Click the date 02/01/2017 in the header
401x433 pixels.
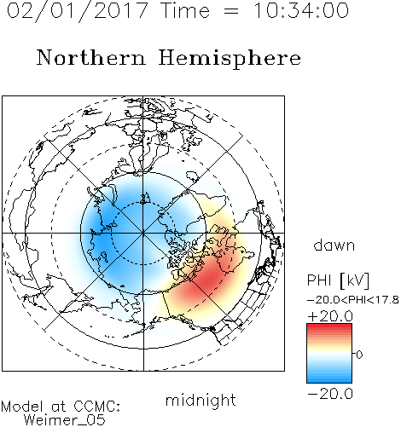[77, 11]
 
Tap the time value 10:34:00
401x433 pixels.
[301, 10]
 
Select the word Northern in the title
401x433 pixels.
[91, 57]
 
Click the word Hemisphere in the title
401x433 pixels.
[230, 59]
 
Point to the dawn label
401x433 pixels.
[334, 245]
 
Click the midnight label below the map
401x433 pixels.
[200, 401]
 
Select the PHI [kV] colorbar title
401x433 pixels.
[338, 280]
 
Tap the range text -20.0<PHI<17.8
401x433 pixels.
[353, 300]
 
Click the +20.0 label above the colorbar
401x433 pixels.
[330, 316]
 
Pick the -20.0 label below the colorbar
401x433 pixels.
[330, 394]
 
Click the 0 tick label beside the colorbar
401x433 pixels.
[359, 355]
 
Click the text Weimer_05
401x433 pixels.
[65, 419]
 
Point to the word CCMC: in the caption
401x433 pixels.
[97, 407]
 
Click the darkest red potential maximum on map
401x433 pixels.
[209, 280]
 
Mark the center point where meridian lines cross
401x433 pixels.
[143, 234]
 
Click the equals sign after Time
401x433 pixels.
[231, 11]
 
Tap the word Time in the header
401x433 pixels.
[185, 10]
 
